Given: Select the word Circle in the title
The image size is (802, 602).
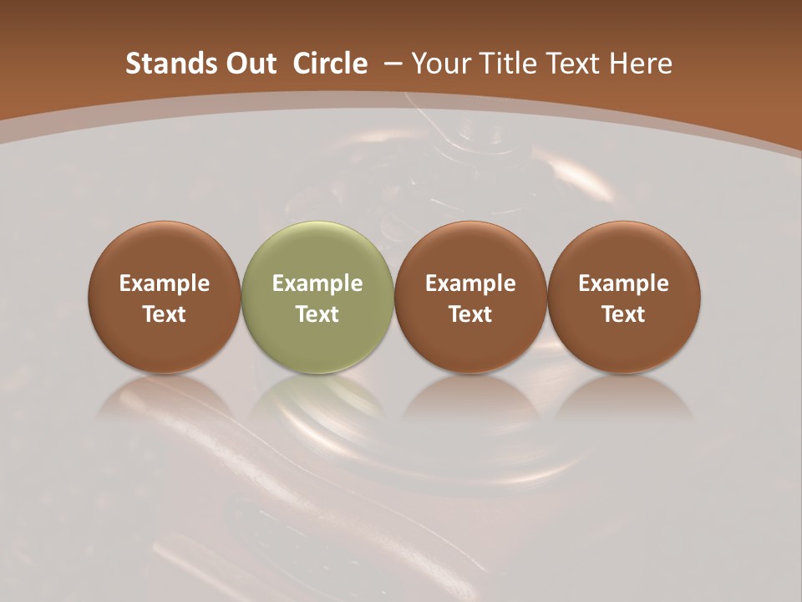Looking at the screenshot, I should pos(330,64).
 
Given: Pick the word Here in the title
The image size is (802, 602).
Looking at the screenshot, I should pos(641,64).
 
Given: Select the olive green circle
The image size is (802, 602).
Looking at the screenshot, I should pos(317,297).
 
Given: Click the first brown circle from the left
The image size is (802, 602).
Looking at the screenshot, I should pos(165,297).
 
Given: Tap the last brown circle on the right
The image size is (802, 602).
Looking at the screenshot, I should pos(623,297).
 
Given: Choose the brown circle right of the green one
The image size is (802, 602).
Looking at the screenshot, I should pos(470,297).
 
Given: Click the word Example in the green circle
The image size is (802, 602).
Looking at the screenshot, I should pos(317,283).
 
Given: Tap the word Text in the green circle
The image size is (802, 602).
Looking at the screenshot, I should pos(317,314).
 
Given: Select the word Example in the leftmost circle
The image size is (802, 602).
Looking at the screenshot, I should pos(165,283).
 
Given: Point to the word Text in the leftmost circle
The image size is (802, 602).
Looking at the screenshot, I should pos(165,314).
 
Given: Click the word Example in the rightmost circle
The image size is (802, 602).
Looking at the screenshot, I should pos(623,283).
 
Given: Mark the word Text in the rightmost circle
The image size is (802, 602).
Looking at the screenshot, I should pos(623,314).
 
